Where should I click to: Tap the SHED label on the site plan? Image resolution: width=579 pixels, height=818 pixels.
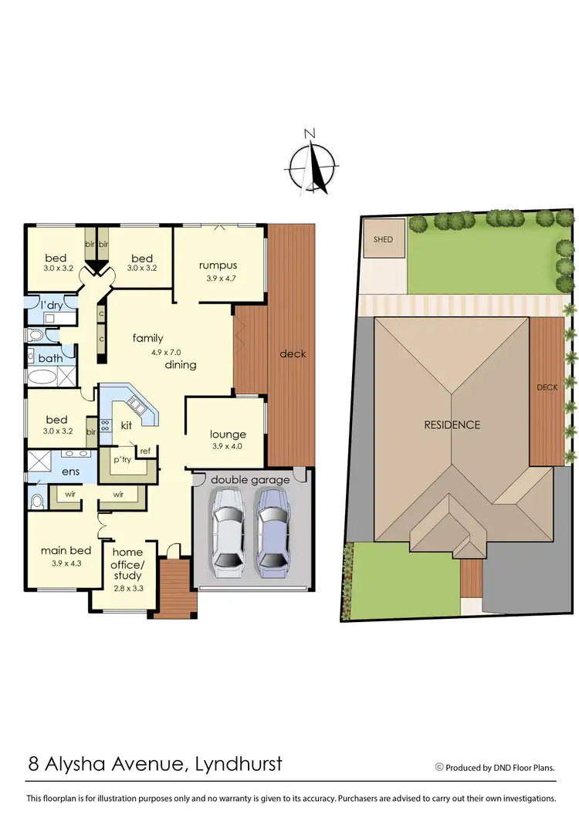pos(383,239)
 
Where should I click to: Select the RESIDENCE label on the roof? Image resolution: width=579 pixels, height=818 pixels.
pos(452,424)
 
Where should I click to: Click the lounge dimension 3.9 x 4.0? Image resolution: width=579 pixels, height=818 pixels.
pos(227,446)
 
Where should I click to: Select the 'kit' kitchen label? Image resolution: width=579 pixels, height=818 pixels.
pos(127,426)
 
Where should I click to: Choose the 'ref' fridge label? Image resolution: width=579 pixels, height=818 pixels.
pos(144,451)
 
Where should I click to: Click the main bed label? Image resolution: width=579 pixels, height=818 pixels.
pos(66,550)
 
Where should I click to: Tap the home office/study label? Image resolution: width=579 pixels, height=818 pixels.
pos(127,564)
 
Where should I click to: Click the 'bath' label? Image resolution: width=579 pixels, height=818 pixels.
pos(50,358)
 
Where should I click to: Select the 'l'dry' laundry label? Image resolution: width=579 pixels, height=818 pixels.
pos(52,305)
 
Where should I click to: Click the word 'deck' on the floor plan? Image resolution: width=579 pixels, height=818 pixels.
pos(293,353)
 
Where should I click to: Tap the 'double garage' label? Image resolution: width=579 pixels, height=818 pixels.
pos(250,479)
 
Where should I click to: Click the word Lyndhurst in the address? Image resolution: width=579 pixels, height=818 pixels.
pos(231,764)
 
